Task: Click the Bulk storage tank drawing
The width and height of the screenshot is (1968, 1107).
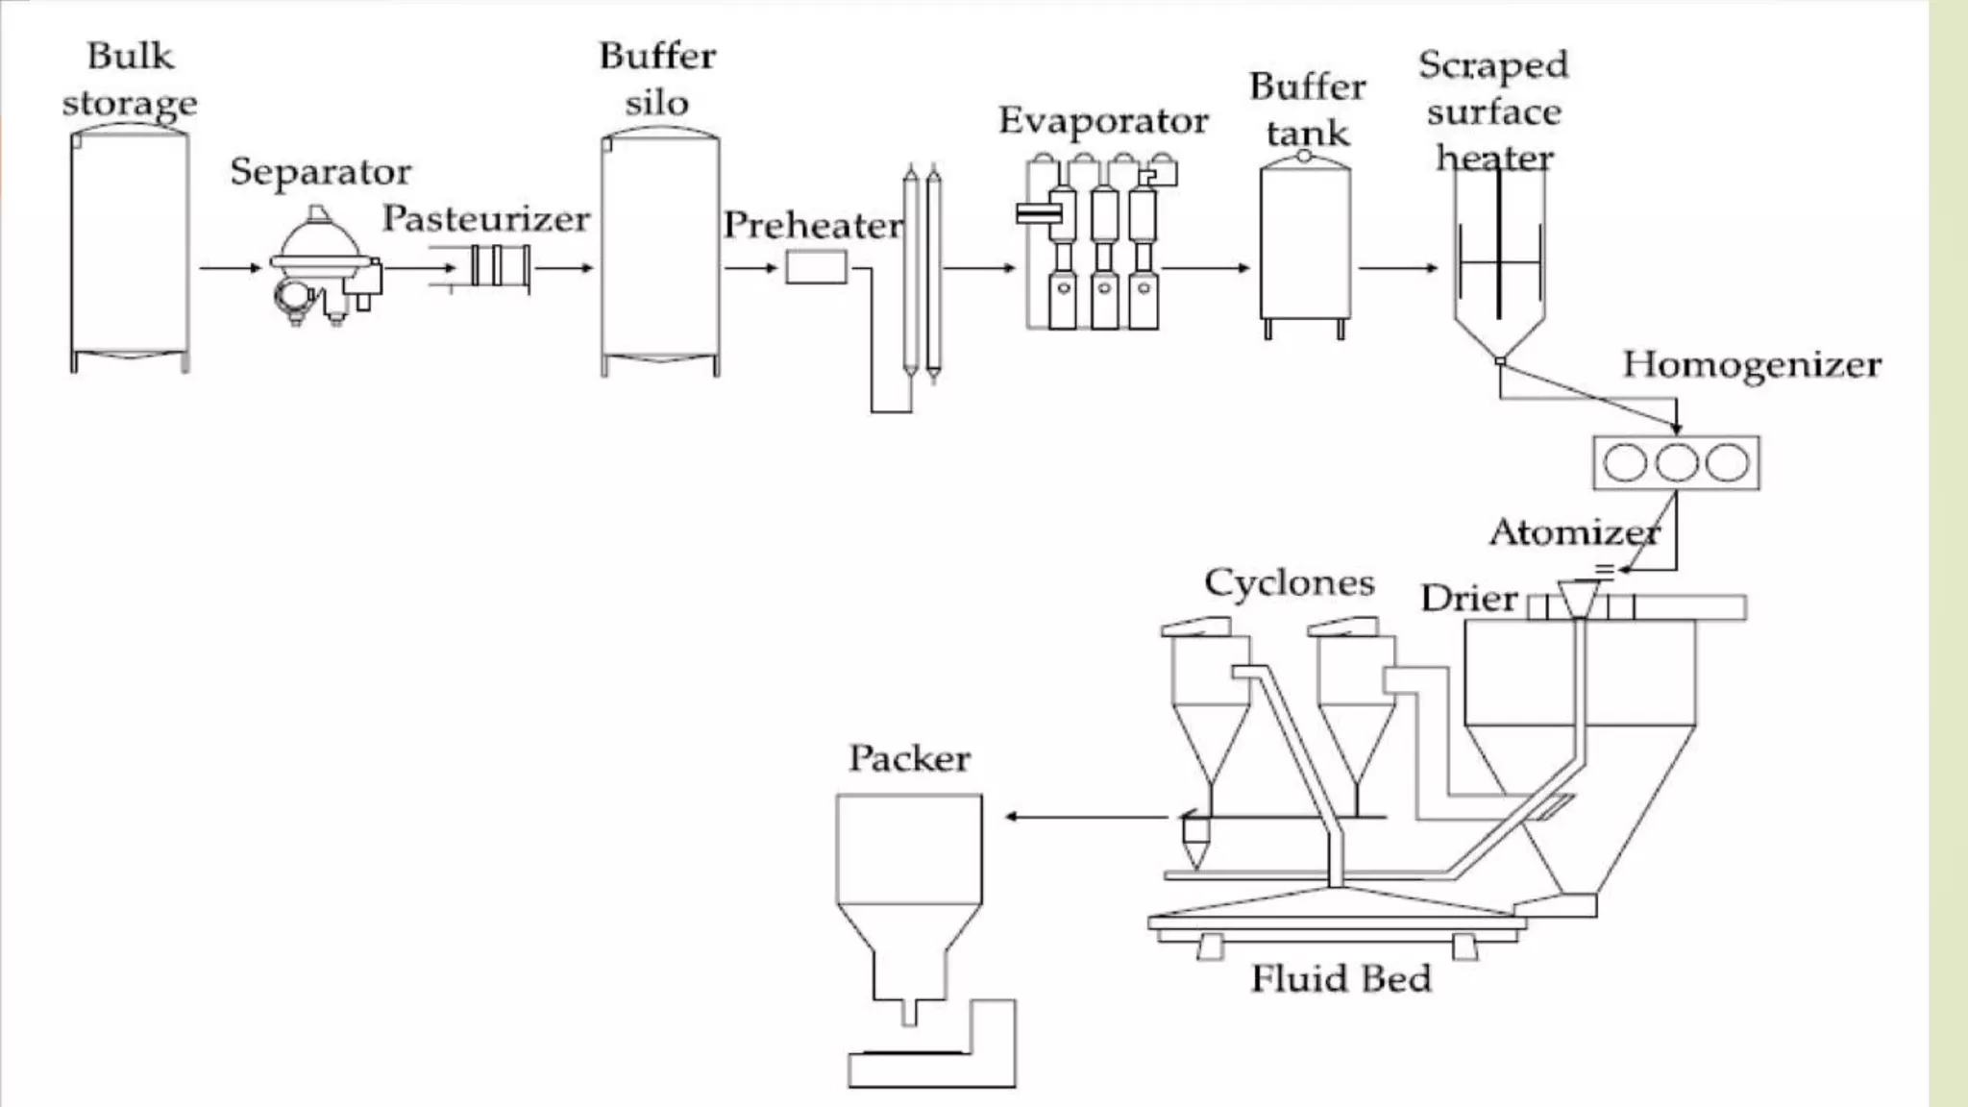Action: (x=129, y=250)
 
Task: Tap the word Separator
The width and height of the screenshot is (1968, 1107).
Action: (x=320, y=172)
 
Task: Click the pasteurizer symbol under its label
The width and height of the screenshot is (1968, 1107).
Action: (x=500, y=266)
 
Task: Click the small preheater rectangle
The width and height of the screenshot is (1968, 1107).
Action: (x=816, y=267)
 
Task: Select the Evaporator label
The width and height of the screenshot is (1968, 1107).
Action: (x=1102, y=121)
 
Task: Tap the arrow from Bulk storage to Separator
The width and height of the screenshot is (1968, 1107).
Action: (x=230, y=267)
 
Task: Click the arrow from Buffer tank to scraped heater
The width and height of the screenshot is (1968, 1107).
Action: (x=1397, y=267)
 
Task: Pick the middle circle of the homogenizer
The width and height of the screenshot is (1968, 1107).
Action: (x=1676, y=462)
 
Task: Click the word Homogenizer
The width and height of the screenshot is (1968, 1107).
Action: (x=1751, y=365)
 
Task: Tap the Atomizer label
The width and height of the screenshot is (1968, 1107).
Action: (x=1573, y=532)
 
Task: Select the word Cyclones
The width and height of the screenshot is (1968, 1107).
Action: (x=1289, y=583)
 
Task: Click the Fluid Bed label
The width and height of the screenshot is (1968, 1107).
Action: (x=1341, y=979)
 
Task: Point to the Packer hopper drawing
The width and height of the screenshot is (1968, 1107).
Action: (x=909, y=894)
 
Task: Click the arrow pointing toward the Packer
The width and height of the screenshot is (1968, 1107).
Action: (x=1086, y=817)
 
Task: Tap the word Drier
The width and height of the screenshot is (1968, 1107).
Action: (x=1468, y=599)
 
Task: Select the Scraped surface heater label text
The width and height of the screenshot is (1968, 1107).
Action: (x=1493, y=111)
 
